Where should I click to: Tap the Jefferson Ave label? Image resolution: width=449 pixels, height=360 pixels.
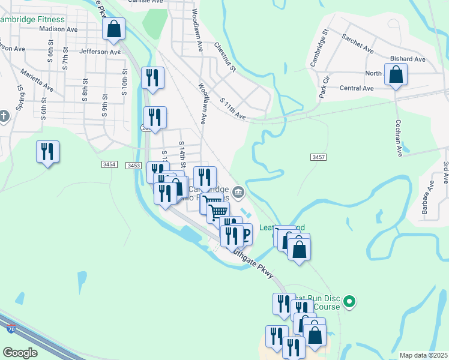pos(100,52)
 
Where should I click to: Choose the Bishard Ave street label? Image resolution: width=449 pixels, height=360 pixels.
pos(408,59)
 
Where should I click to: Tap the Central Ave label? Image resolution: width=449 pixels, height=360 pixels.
pos(357,88)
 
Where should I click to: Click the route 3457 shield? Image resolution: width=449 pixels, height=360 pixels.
pos(319,157)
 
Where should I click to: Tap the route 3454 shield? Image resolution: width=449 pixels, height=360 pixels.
pos(109,164)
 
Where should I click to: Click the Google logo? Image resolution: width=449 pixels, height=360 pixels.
pos(20,352)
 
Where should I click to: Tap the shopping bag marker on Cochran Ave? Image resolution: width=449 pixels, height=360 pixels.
pos(396,75)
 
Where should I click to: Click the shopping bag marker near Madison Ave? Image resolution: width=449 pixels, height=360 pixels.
pos(113,29)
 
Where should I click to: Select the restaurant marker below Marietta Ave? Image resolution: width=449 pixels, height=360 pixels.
pos(47,152)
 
